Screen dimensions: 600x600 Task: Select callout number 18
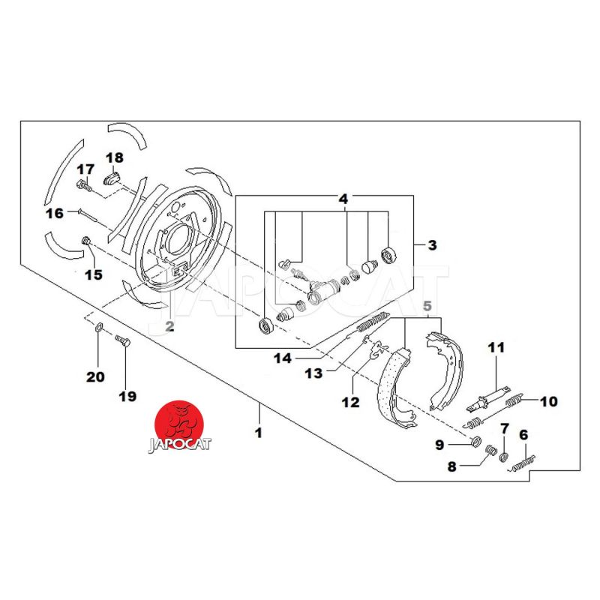(x=114, y=157)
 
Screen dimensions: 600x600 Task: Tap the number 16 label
(x=54, y=213)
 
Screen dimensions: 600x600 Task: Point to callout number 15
(x=92, y=274)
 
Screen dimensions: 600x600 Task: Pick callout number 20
(x=95, y=376)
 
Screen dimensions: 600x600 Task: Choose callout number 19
(x=127, y=396)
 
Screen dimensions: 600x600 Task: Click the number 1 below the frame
(x=259, y=433)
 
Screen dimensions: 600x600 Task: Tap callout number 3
(x=432, y=244)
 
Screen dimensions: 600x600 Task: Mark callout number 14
(x=282, y=358)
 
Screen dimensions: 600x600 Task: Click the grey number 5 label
(x=427, y=306)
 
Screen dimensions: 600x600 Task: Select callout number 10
(x=548, y=401)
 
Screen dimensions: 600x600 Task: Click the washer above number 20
(x=99, y=327)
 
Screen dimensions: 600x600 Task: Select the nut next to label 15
(x=86, y=241)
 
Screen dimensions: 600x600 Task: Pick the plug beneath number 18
(x=112, y=180)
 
